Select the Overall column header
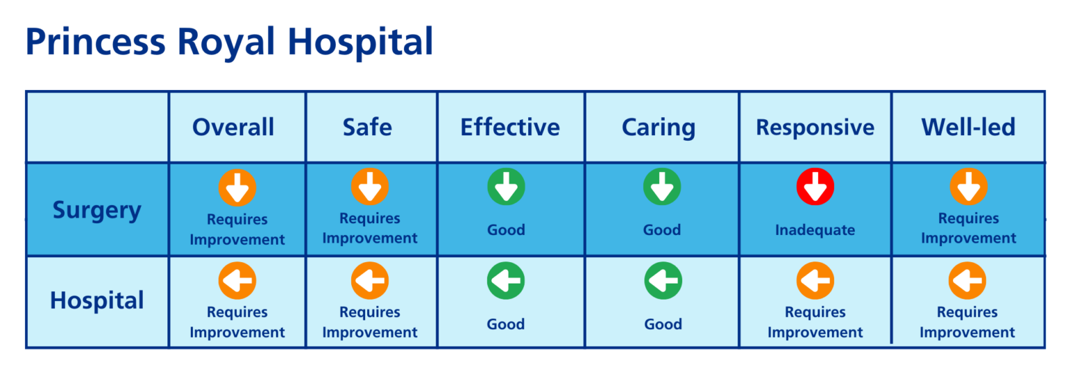[233, 127]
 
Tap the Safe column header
[367, 127]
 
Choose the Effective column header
[510, 127]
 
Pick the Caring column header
[658, 127]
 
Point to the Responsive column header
[815, 127]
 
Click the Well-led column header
[968, 127]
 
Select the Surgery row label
[97, 210]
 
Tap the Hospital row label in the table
[97, 301]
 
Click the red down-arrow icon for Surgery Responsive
[815, 187]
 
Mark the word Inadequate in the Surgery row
[815, 230]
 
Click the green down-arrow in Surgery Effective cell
[506, 187]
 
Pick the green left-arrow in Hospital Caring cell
[663, 281]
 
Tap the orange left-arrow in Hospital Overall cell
[237, 281]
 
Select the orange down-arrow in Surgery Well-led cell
[968, 187]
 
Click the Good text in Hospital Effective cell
[506, 324]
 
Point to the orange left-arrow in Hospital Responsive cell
[815, 281]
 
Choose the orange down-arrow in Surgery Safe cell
[369, 187]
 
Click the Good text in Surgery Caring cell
[662, 230]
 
